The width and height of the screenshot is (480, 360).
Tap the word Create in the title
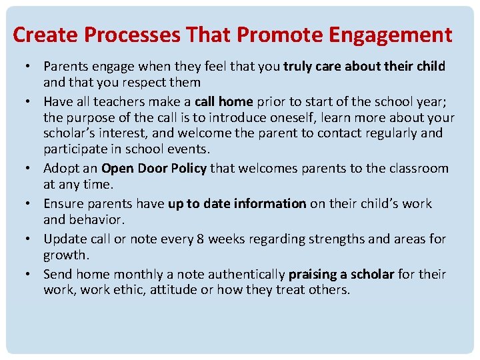coord(43,35)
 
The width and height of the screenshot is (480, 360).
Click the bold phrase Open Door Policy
coord(154,168)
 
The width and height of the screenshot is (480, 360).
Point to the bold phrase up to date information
coord(237,203)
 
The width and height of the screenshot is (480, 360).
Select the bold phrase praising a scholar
coord(341,274)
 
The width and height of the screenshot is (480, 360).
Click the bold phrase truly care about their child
coord(364,66)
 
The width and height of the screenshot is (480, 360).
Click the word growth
coord(65,255)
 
